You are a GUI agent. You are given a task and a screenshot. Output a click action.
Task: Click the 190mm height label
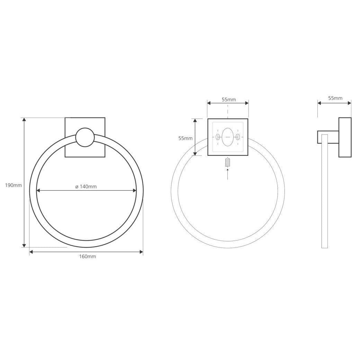tap(13, 185)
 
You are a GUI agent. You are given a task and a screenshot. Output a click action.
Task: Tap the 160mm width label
tap(88, 256)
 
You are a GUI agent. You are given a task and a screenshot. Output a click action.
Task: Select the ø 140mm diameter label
tap(86, 187)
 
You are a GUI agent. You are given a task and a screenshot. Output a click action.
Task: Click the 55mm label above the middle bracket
tap(229, 100)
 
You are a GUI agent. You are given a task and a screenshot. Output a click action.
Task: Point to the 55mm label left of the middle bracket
tap(186, 138)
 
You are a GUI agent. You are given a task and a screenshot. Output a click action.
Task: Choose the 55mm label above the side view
tap(335, 98)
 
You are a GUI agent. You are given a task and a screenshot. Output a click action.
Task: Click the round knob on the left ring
tap(85, 137)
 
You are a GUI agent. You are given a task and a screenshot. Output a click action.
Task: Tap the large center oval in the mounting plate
tap(228, 137)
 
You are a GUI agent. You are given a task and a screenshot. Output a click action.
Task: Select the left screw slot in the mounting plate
tap(217, 137)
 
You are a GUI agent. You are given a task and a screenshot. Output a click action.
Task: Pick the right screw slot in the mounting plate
tap(238, 137)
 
